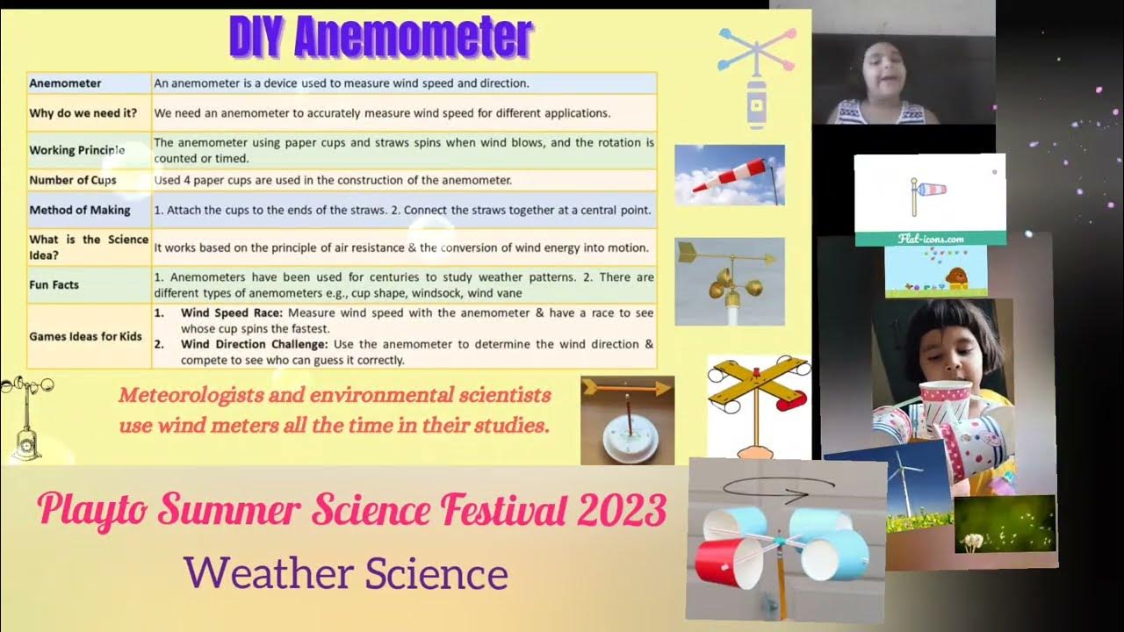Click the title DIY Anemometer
click(x=380, y=38)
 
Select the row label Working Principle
click(x=77, y=150)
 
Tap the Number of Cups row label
click(x=73, y=180)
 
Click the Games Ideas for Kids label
click(x=85, y=336)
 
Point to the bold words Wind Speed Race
click(x=232, y=313)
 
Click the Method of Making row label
click(x=80, y=211)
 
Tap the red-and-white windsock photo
click(x=729, y=175)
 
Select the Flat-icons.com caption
click(x=931, y=238)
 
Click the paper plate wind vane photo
click(x=627, y=420)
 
